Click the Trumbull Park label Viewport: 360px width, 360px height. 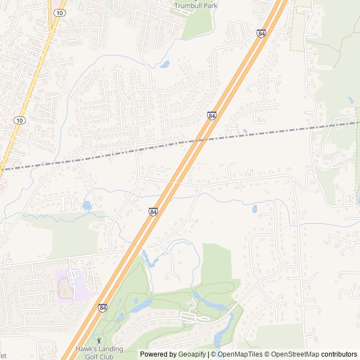195,6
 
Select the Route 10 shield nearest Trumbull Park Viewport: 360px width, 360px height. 58,12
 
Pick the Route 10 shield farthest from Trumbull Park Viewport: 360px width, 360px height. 20,120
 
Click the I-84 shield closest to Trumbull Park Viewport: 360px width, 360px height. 261,34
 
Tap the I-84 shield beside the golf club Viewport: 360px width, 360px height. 102,308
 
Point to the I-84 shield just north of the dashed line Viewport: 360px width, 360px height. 211,115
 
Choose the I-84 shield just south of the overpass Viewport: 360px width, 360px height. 153,211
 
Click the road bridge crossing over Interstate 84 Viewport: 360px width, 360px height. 176,181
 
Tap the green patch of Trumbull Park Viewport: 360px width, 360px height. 197,25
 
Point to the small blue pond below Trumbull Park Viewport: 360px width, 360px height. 165,64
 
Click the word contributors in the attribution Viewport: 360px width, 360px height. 339,354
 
